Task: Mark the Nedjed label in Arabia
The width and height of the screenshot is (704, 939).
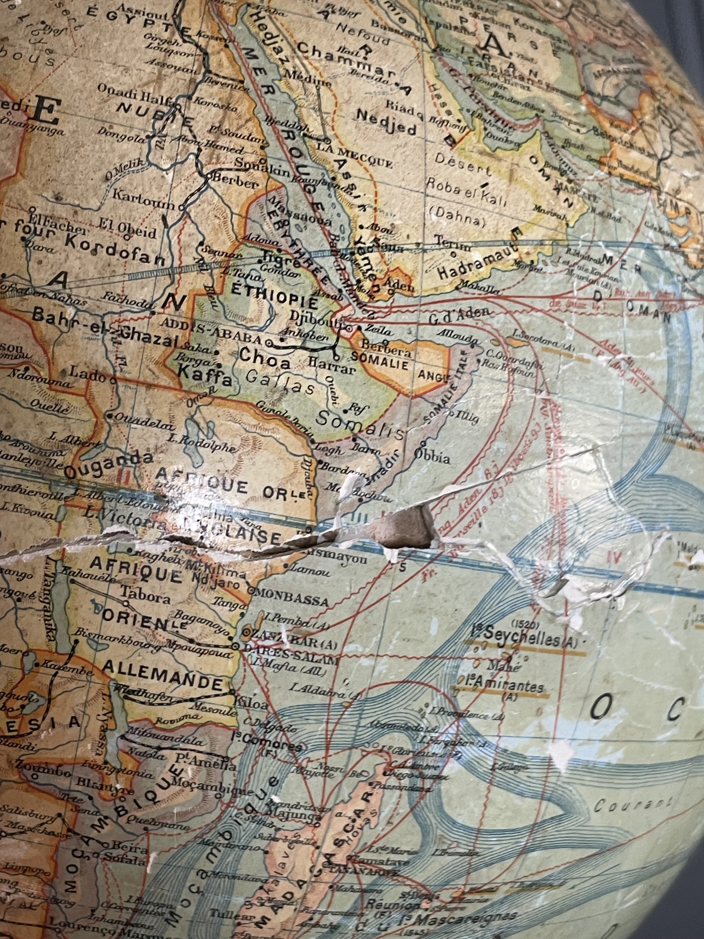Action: (387, 122)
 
